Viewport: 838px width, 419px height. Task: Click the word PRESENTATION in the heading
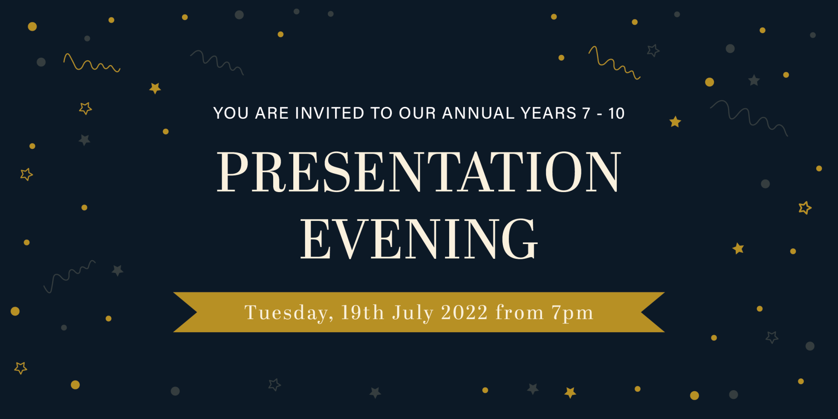point(419,172)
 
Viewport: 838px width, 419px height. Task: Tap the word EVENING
point(419,239)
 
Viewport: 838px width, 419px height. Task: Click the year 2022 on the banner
point(464,313)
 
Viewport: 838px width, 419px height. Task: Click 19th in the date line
point(362,313)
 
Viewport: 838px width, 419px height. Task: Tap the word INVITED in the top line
point(330,113)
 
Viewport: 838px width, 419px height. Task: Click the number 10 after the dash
point(616,113)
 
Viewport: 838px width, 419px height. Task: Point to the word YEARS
point(549,113)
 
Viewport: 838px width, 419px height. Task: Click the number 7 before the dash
point(587,113)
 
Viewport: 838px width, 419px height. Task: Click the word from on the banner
point(519,313)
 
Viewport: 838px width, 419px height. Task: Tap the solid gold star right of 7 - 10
point(675,122)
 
